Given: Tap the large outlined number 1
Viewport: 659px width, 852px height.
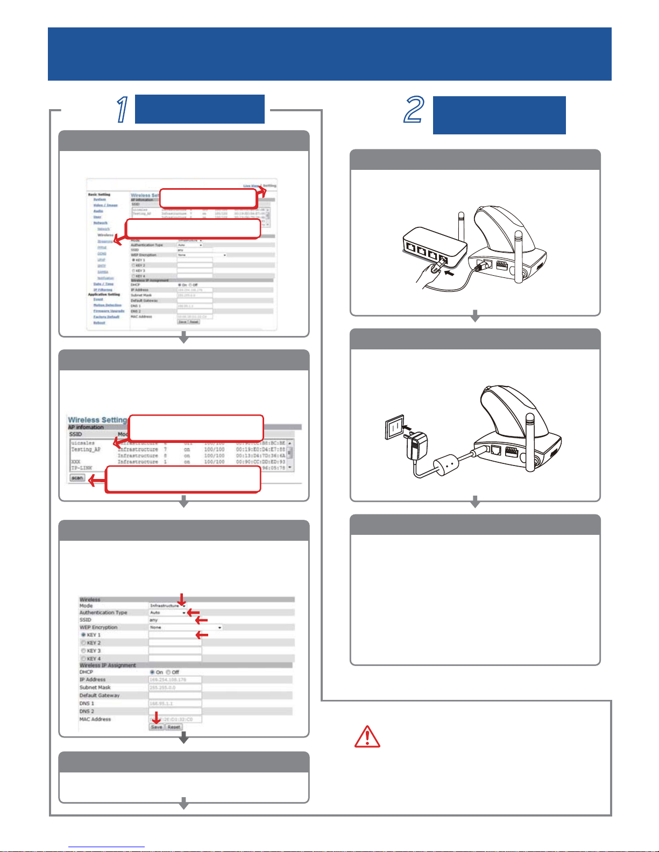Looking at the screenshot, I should (123, 110).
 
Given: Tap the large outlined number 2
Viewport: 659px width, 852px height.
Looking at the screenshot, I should (414, 110).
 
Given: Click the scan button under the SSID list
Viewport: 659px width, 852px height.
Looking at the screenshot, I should (77, 478).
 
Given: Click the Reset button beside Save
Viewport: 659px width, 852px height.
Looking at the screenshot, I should (173, 727).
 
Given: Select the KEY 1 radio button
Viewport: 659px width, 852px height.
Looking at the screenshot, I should (83, 635).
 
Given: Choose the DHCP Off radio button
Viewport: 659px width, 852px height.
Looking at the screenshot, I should (168, 672).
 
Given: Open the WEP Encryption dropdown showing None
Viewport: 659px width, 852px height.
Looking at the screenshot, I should (186, 627).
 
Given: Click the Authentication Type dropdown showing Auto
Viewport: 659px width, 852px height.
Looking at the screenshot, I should (167, 613).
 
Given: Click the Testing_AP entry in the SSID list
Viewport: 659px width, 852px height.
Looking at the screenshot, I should (86, 449).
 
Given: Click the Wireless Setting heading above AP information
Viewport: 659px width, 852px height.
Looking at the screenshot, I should (97, 420).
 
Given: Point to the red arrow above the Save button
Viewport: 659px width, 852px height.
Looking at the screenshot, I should (156, 717).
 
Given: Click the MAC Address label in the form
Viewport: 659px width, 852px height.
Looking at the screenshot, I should (95, 719).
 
